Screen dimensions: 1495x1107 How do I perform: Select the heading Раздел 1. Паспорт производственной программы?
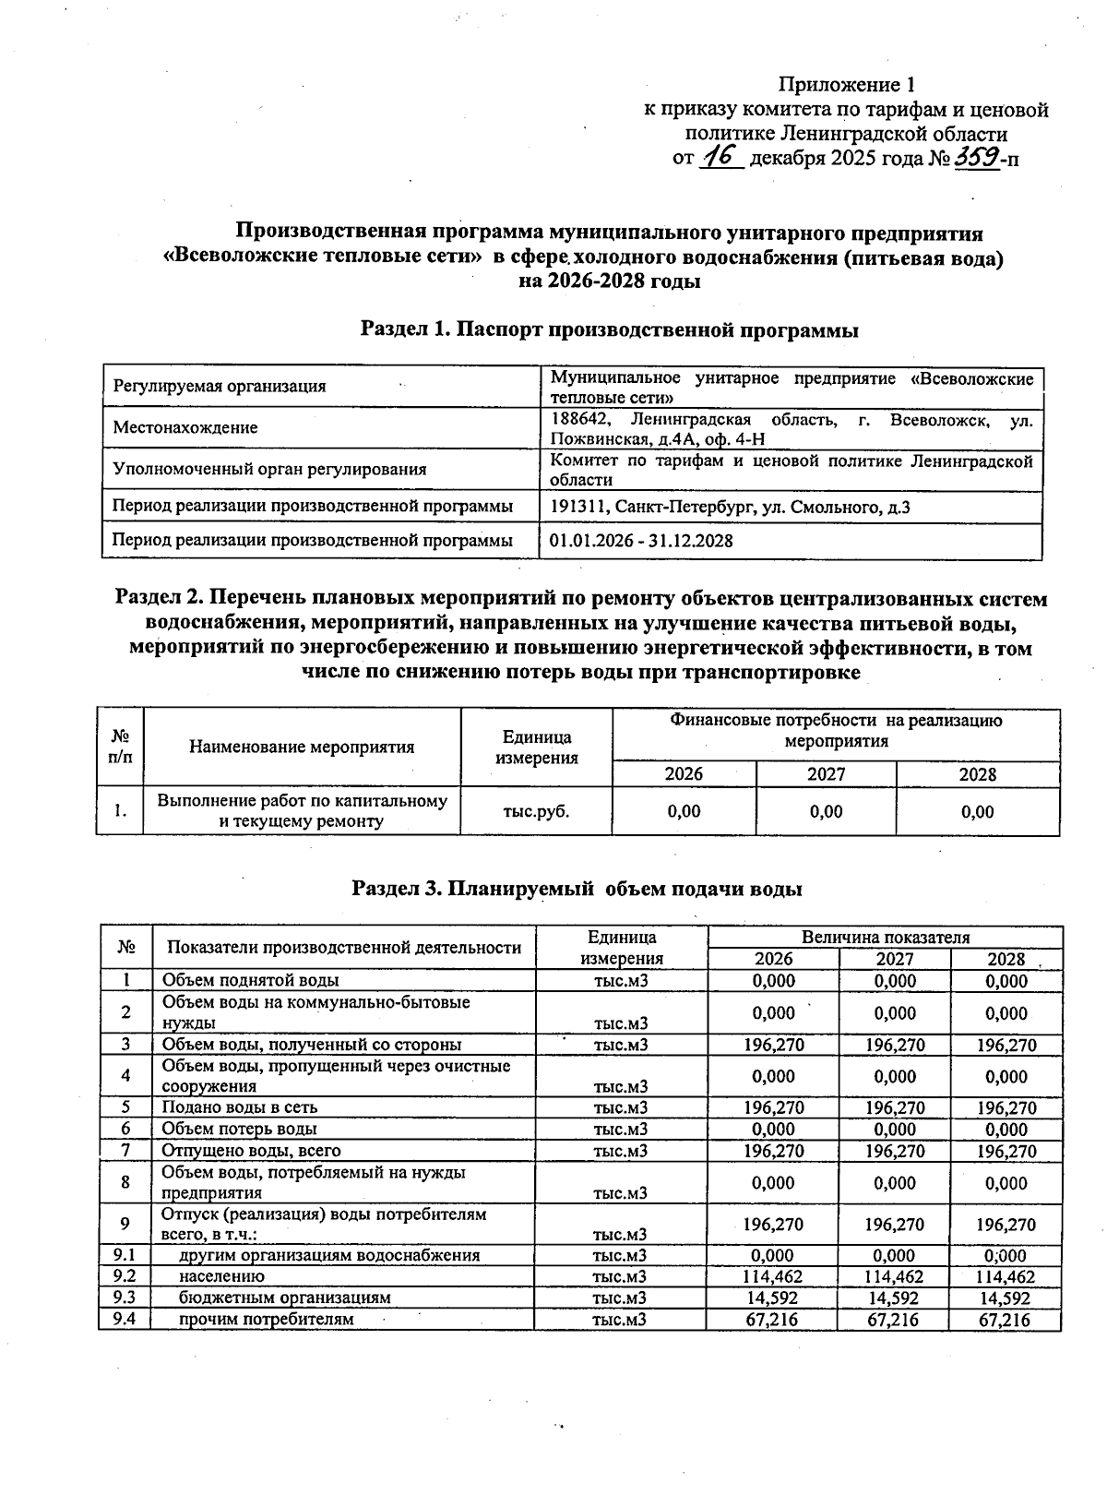[609, 329]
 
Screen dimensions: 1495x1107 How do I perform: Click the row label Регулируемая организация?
[219, 387]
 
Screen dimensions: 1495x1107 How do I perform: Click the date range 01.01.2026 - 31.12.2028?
[641, 541]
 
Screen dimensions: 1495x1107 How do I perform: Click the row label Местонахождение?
[185, 428]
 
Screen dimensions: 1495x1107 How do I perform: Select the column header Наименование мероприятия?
[302, 747]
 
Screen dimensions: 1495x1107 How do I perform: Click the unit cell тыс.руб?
[536, 812]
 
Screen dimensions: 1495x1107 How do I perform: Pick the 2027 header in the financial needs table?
[826, 774]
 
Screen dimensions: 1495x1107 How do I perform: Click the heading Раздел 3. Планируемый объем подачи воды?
[577, 889]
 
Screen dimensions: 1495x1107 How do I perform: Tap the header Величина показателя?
[885, 937]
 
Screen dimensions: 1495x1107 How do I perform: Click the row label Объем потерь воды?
[240, 1129]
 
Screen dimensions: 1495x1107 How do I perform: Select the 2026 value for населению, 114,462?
[773, 1277]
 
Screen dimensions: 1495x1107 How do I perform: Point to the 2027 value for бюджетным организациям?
[894, 1298]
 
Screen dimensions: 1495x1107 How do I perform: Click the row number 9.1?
[125, 1255]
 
